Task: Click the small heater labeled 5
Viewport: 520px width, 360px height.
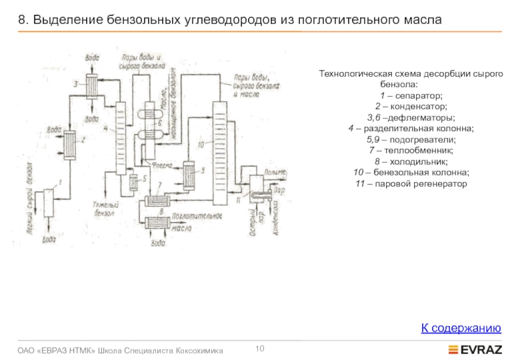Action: pos(134,183)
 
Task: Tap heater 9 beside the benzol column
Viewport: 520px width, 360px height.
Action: pos(189,174)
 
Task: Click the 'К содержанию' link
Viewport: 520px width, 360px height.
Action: pos(461,328)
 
